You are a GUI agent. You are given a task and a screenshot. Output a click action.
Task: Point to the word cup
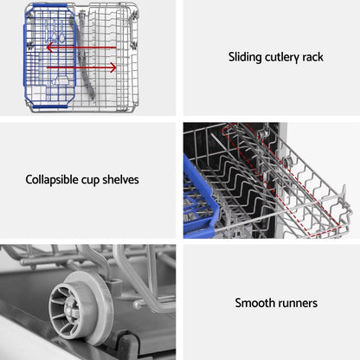coord(91,181)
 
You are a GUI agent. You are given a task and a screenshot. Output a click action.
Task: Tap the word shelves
coord(120,179)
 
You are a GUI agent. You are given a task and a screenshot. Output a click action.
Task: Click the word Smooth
coord(251,303)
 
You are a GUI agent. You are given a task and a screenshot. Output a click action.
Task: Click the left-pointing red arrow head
coord(50,48)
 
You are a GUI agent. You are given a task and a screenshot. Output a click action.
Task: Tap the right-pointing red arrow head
coord(112,67)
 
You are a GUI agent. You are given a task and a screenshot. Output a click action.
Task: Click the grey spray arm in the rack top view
coord(86,55)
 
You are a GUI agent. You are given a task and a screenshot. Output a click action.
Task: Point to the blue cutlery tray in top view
coord(49,55)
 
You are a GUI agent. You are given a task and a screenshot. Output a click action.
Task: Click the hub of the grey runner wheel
coord(70,307)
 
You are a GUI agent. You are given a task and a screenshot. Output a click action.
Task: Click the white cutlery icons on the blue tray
coord(55,30)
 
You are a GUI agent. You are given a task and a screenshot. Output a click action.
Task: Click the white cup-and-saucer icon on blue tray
coord(61,80)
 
